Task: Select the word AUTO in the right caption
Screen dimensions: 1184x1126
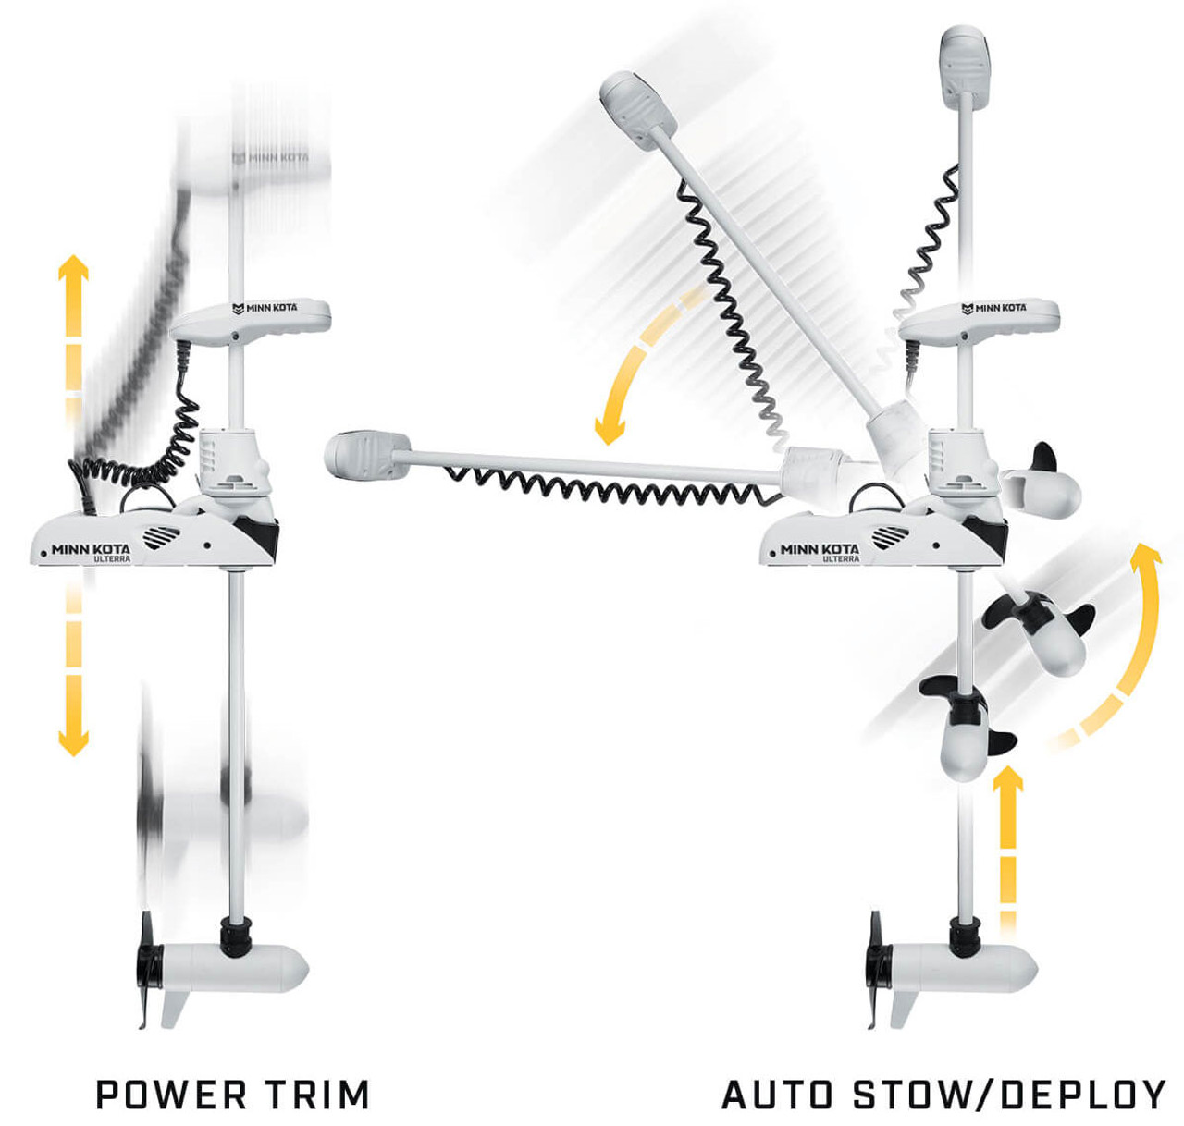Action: (x=776, y=1095)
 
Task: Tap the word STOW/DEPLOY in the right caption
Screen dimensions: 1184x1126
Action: (x=1009, y=1095)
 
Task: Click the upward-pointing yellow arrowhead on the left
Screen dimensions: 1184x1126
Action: (x=73, y=270)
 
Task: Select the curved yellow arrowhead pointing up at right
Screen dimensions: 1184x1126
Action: (x=1147, y=560)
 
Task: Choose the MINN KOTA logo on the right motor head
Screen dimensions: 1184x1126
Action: (x=993, y=308)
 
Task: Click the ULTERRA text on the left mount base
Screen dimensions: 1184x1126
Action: (x=112, y=560)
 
